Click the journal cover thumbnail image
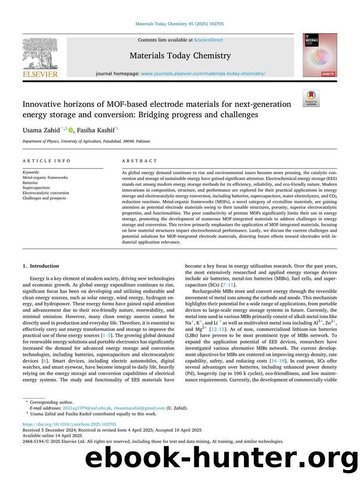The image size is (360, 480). pos(319,55)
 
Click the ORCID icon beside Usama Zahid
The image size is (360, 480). pos(71,129)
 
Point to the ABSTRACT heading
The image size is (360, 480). pos(139,161)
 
